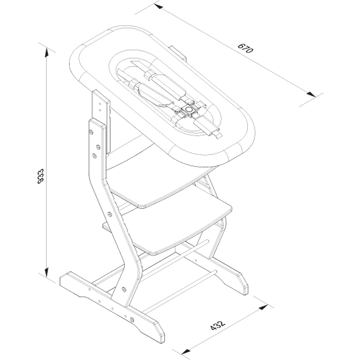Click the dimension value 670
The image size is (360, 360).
[245, 48]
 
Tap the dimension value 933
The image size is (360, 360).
[41, 176]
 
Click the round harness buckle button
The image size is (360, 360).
[189, 110]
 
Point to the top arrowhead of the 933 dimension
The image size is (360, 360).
[47, 52]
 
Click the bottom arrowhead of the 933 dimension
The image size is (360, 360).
[47, 272]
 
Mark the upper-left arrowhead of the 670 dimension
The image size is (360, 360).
[158, 6]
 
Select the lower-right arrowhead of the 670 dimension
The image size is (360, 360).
[311, 94]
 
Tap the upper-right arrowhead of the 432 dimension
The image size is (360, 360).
[263, 307]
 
